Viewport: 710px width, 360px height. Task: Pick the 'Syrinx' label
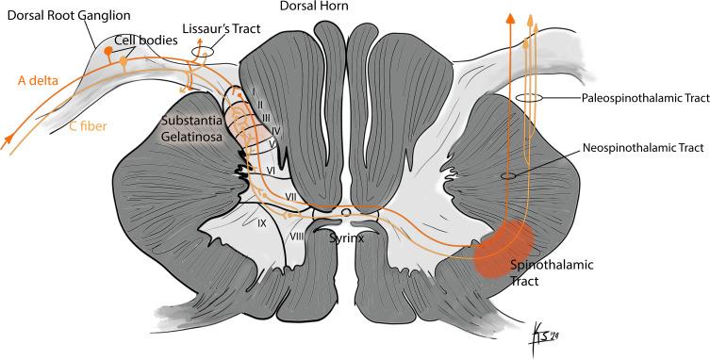click(346, 238)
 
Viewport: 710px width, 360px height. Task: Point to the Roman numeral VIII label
click(296, 236)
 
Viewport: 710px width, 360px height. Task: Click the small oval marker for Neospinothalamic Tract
click(506, 175)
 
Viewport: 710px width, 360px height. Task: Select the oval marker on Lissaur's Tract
click(200, 51)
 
